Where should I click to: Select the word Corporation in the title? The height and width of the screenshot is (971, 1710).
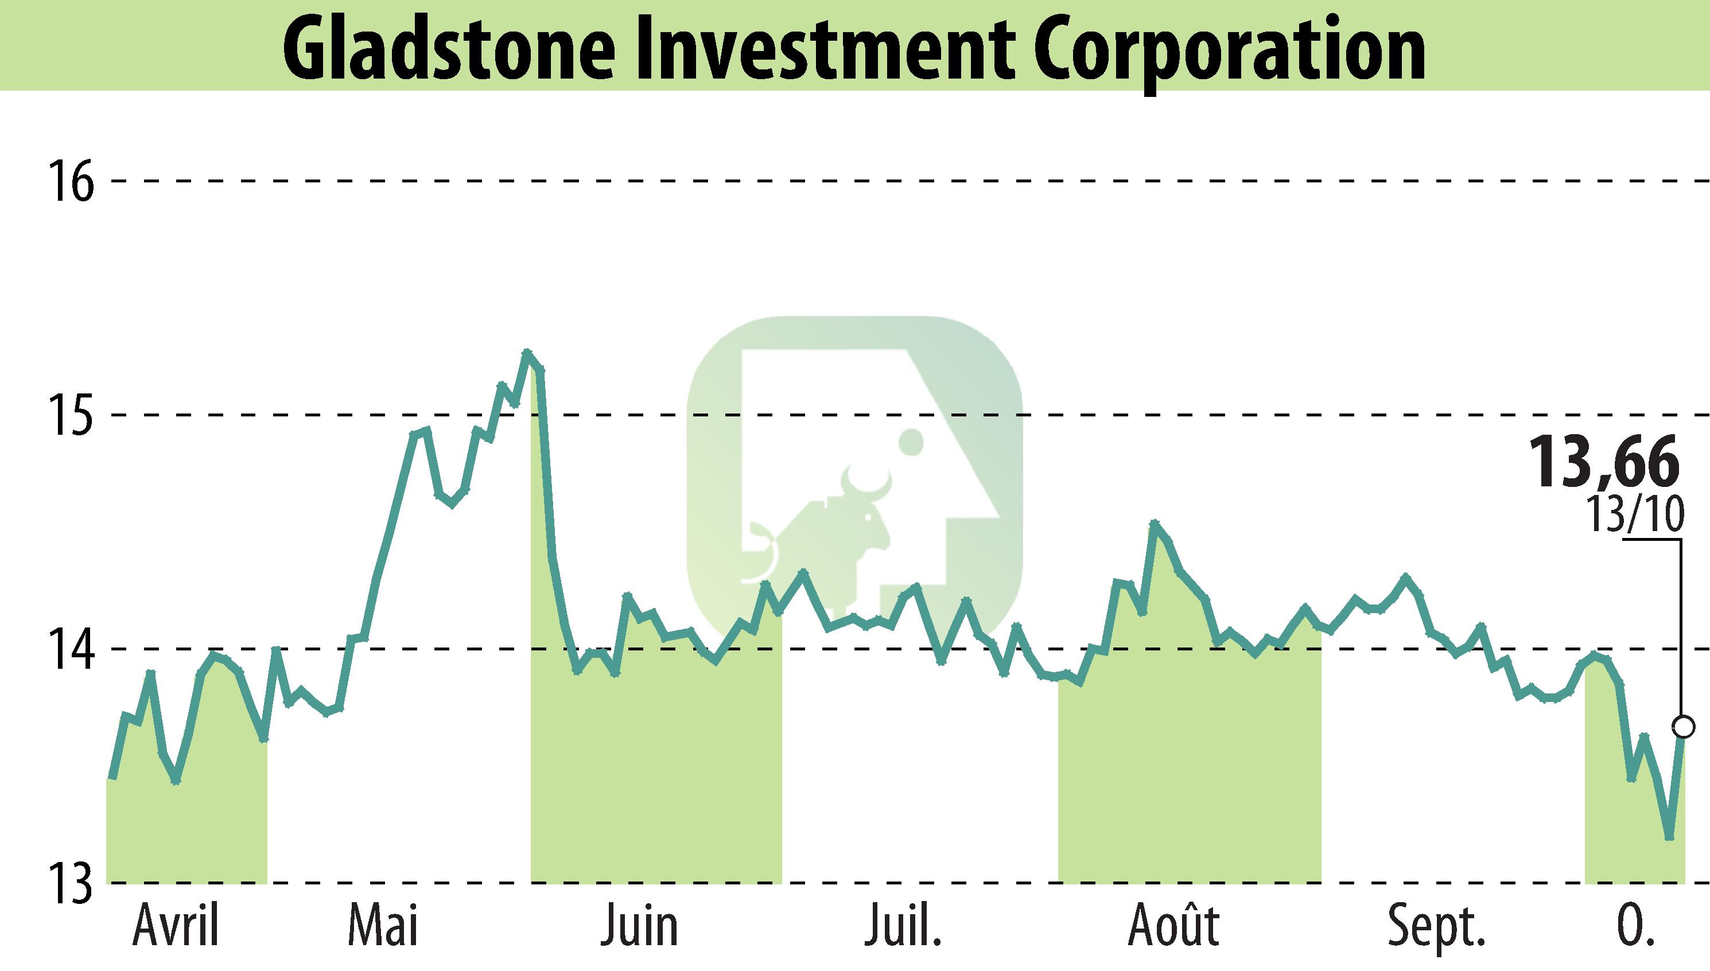pyautogui.click(x=1230, y=48)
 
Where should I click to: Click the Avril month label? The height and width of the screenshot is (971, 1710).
pyautogui.click(x=176, y=927)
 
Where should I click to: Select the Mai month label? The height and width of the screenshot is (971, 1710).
pyautogui.click(x=383, y=927)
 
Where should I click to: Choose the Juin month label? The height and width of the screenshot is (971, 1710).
pyautogui.click(x=639, y=927)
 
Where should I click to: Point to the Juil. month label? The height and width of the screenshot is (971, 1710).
pyautogui.click(x=903, y=927)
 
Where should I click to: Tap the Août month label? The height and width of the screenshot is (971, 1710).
pyautogui.click(x=1173, y=927)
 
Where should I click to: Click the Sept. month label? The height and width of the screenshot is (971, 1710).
pyautogui.click(x=1436, y=927)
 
